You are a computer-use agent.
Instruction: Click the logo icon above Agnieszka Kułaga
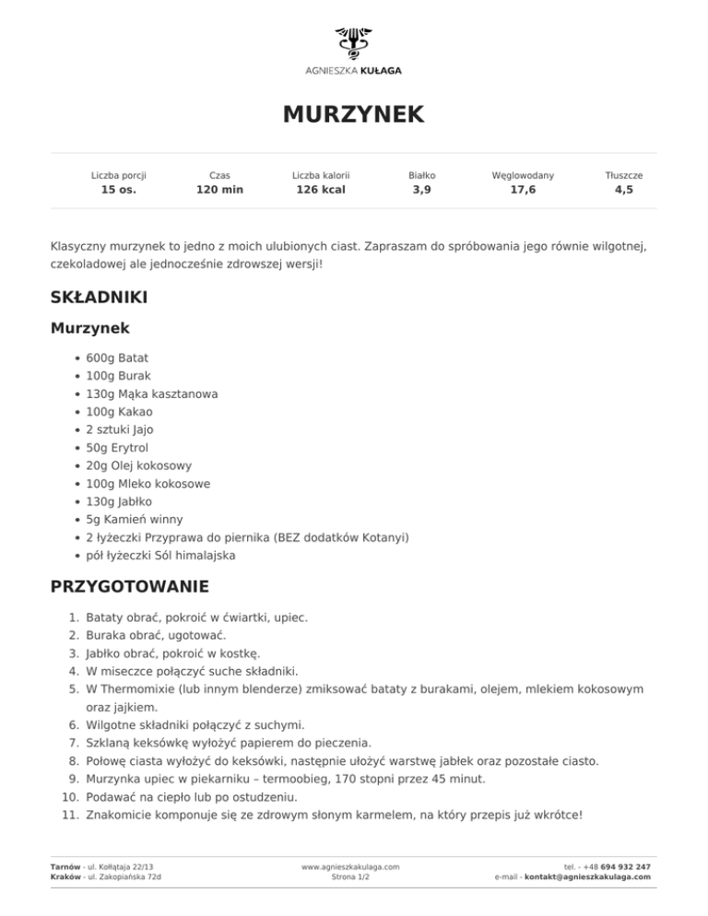[353, 43]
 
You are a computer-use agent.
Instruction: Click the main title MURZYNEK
[353, 114]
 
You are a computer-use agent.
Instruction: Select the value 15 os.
[118, 191]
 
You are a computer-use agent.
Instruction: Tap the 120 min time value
[219, 191]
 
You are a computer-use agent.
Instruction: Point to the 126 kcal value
[320, 191]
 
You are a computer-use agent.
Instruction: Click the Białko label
[421, 174]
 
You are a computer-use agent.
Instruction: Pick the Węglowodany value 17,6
[523, 191]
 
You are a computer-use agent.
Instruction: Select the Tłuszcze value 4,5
[624, 191]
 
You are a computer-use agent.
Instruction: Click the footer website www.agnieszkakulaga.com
[350, 867]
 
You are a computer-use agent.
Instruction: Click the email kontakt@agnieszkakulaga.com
[587, 877]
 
